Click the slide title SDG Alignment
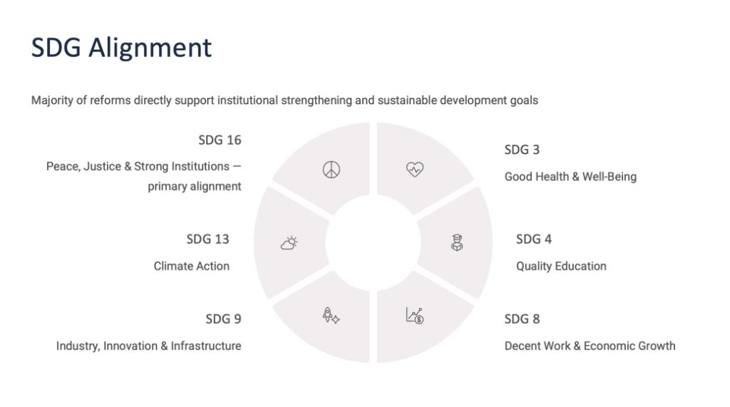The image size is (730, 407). click(121, 48)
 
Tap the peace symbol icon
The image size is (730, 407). click(331, 170)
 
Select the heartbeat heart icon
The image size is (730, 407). click(415, 170)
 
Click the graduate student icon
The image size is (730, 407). click(457, 242)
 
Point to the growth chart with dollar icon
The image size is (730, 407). click(415, 316)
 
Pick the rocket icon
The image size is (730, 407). click(331, 316)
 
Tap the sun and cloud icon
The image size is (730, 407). click(289, 242)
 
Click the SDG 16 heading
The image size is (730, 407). click(220, 140)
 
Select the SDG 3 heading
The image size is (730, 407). click(522, 150)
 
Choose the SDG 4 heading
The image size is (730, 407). click(533, 239)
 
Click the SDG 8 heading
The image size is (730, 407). click(522, 319)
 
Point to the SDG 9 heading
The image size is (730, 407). click(223, 319)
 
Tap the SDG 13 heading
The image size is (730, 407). click(207, 239)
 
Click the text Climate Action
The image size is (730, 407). click(191, 266)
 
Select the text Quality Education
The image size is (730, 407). click(561, 266)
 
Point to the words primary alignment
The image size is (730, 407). click(195, 186)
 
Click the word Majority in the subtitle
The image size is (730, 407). click(51, 100)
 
